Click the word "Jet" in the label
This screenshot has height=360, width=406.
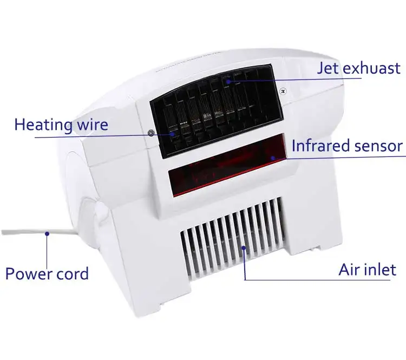click(329, 68)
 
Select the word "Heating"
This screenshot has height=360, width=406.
click(43, 125)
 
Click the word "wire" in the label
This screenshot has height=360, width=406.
click(91, 125)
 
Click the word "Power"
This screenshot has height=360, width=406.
click(27, 273)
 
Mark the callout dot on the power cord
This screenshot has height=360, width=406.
click(48, 234)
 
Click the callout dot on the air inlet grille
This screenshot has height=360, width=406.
click(245, 249)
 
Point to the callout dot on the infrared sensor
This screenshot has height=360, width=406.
click(274, 158)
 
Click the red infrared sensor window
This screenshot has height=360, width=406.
click(227, 168)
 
